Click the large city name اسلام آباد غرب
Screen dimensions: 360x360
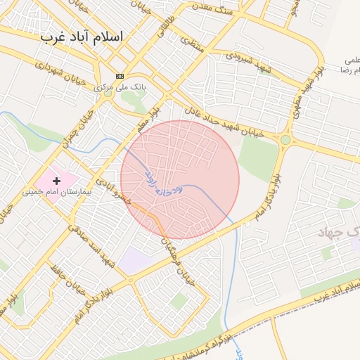point(82,36)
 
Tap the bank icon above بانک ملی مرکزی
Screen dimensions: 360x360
point(120,76)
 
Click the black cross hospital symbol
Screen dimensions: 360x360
point(57,181)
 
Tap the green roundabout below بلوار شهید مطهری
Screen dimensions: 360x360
point(285,140)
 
